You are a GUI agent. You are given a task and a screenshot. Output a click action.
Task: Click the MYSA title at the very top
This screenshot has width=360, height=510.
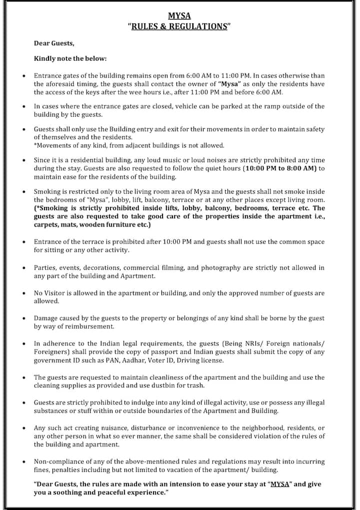[179, 16]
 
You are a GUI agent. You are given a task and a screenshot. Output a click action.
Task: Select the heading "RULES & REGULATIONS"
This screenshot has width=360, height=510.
[179, 26]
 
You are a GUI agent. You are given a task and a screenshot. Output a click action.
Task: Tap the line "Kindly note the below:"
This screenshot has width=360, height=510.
[70, 59]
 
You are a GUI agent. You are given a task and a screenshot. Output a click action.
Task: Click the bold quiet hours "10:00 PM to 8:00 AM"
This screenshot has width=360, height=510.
[281, 169]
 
